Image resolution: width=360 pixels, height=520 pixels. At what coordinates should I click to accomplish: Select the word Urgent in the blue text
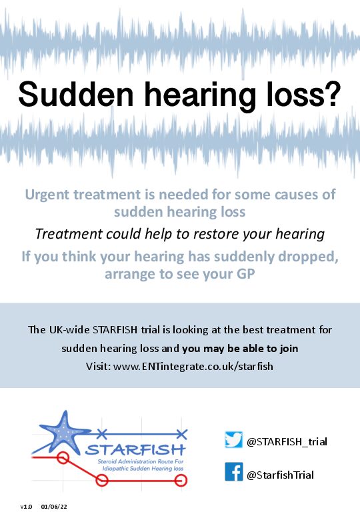tap(47, 195)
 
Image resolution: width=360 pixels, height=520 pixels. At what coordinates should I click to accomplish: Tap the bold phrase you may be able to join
tap(240, 349)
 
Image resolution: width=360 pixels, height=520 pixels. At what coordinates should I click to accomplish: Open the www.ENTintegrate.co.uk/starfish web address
tap(193, 367)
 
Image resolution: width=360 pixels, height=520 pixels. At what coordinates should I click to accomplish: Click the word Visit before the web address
tap(98, 367)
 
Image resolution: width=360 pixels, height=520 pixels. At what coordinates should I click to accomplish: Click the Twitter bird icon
tap(234, 440)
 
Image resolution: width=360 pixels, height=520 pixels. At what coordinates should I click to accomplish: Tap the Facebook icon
tap(234, 471)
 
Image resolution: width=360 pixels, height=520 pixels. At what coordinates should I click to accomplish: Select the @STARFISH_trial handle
tap(287, 442)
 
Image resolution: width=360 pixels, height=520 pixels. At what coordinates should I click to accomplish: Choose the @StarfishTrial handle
tap(280, 475)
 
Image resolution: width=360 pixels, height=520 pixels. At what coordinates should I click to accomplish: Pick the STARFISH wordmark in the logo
tap(135, 450)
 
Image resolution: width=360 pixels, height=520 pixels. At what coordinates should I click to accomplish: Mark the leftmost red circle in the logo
tap(63, 457)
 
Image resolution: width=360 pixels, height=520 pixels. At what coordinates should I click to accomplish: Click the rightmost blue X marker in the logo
tap(181, 433)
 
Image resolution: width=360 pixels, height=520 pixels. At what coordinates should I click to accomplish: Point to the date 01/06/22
tap(54, 507)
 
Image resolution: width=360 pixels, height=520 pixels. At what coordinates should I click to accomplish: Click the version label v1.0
tap(26, 507)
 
